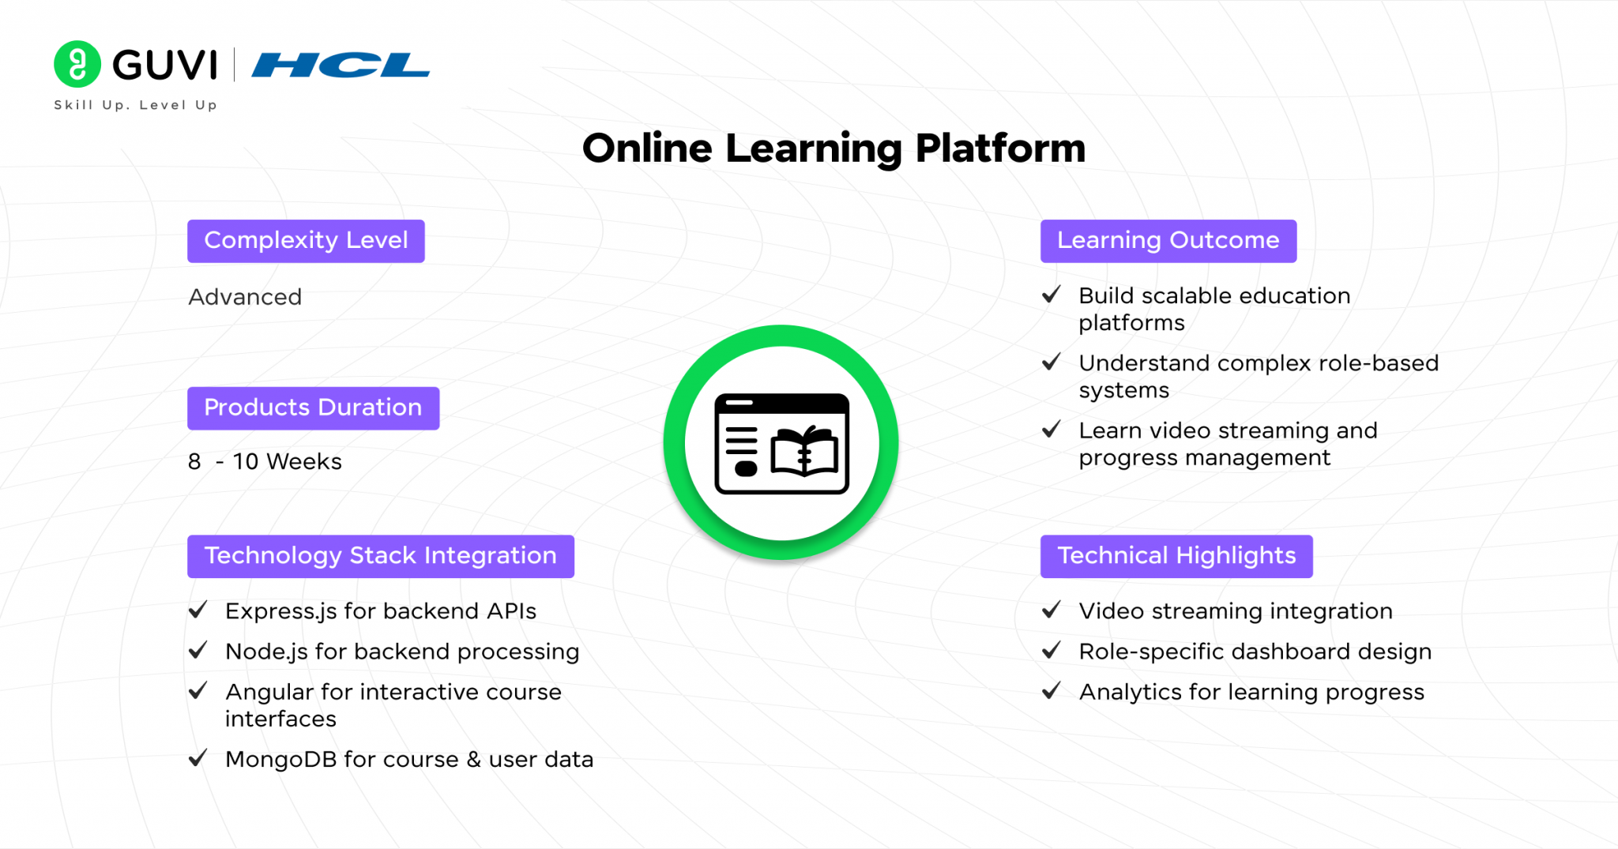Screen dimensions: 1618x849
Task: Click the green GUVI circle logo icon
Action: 77,64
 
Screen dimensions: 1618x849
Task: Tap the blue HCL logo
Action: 341,65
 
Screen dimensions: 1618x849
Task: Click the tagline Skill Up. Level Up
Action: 135,105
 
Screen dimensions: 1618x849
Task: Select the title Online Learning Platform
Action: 833,148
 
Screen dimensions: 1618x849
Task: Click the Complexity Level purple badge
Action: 306,241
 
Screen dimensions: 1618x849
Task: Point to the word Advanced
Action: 245,297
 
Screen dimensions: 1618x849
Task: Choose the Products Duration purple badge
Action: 313,408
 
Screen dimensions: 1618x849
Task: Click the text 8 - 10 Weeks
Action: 265,461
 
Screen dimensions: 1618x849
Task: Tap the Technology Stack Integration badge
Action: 381,557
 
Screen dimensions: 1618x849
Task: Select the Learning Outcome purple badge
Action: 1168,241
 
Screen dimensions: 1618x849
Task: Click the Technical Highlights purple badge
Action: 1176,557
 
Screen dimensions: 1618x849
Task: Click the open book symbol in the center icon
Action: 804,451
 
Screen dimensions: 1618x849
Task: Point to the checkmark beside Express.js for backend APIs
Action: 198,610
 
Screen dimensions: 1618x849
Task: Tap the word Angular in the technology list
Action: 269,693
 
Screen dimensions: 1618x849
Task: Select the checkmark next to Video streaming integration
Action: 1051,610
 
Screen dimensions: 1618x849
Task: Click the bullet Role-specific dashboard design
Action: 1255,652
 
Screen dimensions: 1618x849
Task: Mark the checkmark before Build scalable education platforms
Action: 1051,295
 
